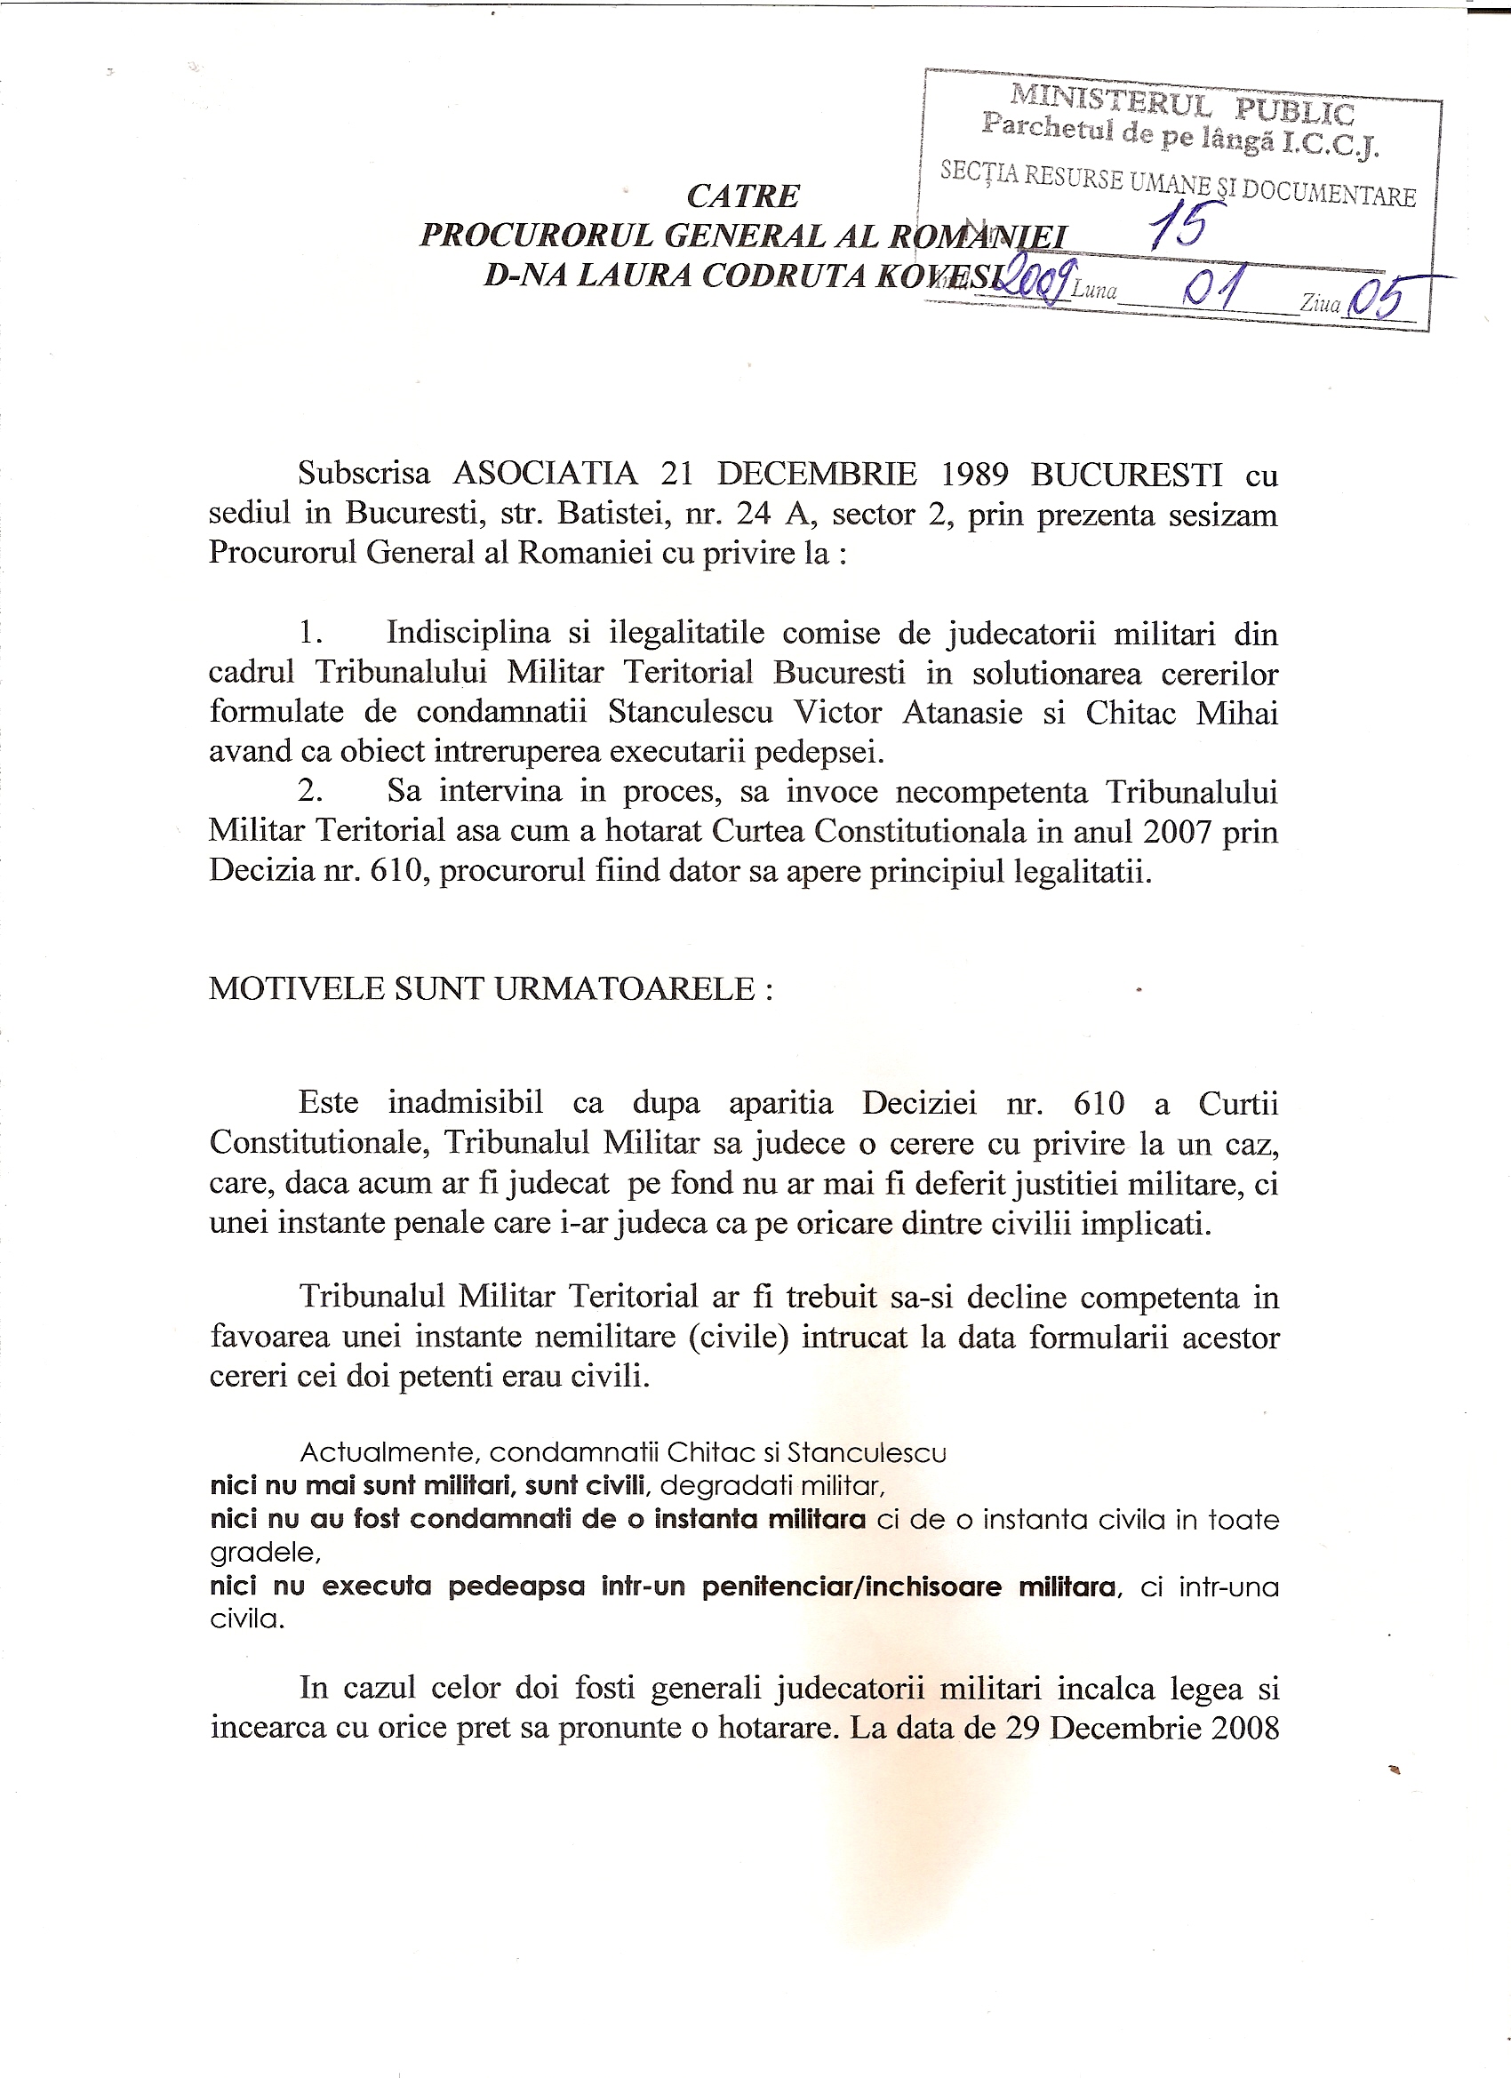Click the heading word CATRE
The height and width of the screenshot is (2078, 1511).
(x=742, y=196)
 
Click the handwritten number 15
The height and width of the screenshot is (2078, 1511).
(x=1178, y=226)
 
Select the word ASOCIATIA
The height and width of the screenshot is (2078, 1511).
(x=545, y=474)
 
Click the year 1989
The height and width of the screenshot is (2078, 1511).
(x=974, y=474)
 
